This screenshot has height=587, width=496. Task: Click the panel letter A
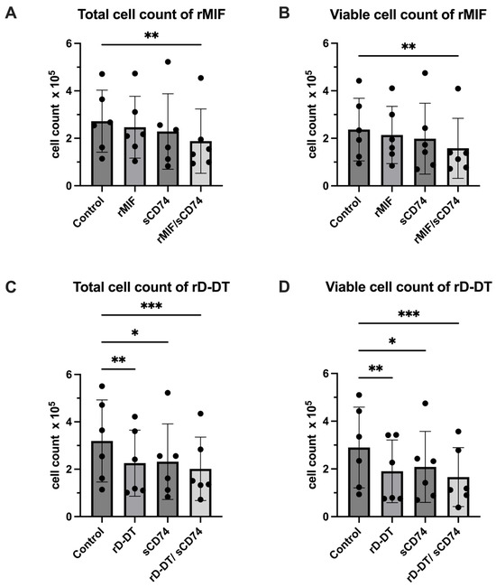(x=11, y=14)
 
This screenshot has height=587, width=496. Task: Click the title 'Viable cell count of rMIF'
(x=409, y=15)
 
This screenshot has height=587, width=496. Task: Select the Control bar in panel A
(x=102, y=154)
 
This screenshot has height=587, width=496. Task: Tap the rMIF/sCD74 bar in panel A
(x=201, y=163)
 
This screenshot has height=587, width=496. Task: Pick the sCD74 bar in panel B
(x=425, y=163)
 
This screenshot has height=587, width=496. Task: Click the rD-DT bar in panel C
(x=135, y=490)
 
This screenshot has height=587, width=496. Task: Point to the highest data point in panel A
(x=168, y=61)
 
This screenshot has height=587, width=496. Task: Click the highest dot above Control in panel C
(x=102, y=386)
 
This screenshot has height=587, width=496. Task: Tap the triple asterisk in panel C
(x=152, y=306)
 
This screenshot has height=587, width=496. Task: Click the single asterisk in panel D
(x=392, y=341)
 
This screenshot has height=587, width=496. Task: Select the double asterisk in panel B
(x=409, y=47)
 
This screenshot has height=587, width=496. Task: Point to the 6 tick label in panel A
(x=69, y=43)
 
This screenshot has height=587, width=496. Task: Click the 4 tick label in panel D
(x=326, y=422)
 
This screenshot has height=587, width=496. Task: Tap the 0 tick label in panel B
(x=326, y=186)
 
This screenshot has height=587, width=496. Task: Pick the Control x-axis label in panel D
(x=345, y=543)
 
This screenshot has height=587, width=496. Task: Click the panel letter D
(x=284, y=287)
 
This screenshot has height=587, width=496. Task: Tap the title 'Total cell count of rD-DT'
(x=151, y=287)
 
